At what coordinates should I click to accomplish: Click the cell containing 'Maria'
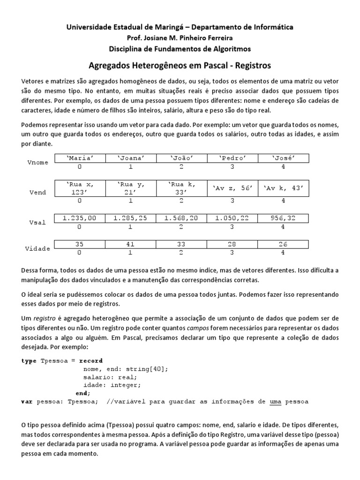pos(80,158)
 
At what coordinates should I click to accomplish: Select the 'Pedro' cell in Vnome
pos(232,158)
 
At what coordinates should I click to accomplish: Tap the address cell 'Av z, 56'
pos(232,188)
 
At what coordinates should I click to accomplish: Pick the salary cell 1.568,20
pos(181,218)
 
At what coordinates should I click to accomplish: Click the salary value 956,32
pos(283,218)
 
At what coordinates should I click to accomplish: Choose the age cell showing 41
pos(131,244)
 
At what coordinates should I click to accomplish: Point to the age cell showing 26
pos(283,244)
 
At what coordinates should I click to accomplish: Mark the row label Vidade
pos(37,248)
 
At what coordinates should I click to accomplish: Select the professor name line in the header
pos(180,38)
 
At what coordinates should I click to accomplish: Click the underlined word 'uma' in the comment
pos(276,402)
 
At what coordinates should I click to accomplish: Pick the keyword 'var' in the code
pos(27,402)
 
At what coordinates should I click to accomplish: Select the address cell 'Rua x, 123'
pos(80,188)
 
